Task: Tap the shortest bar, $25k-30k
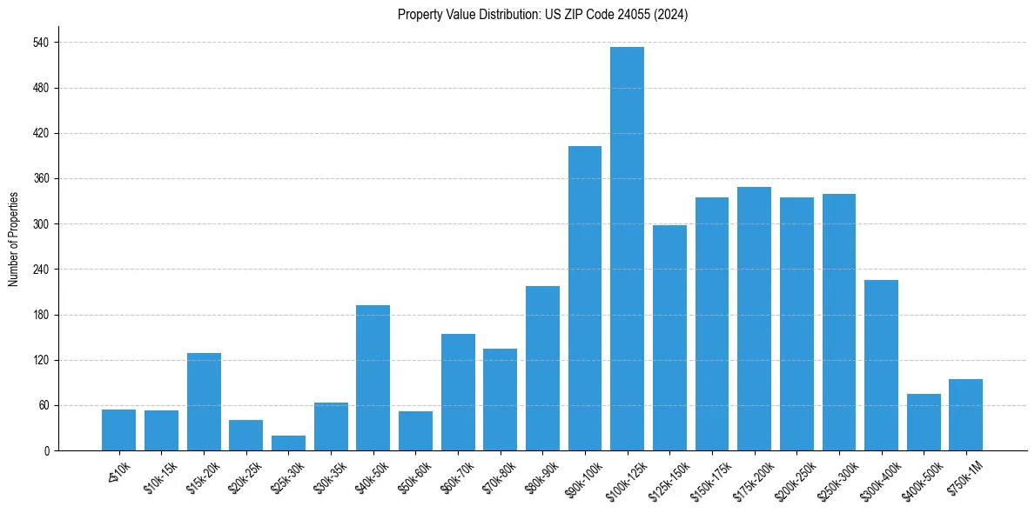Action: coord(288,443)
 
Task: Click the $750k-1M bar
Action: coord(965,415)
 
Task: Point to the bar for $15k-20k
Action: coord(204,402)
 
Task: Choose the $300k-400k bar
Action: coord(881,365)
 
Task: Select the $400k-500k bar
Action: coord(924,422)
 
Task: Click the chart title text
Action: coord(542,15)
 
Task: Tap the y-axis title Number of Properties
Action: coord(14,238)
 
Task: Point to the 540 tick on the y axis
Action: coord(41,43)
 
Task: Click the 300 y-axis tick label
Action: coord(41,224)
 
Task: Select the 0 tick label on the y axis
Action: coord(47,450)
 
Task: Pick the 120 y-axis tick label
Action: coord(41,360)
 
